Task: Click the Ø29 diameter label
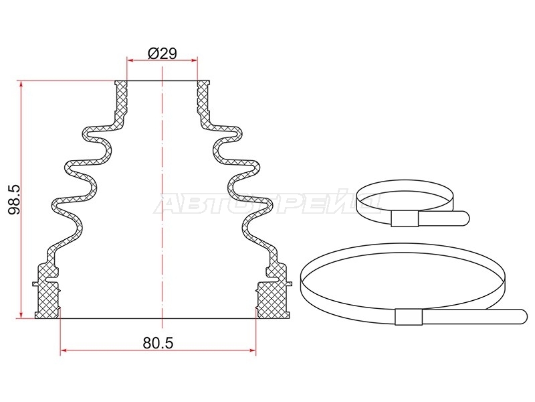pos(163,54)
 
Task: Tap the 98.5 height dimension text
pos(14,200)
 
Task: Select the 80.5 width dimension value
pos(158,343)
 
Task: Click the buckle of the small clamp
pos(405,219)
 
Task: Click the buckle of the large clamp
pos(409,316)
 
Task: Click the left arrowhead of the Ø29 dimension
pos(130,61)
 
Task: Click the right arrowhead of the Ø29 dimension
pos(195,61)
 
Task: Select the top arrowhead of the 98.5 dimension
pos(21,84)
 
